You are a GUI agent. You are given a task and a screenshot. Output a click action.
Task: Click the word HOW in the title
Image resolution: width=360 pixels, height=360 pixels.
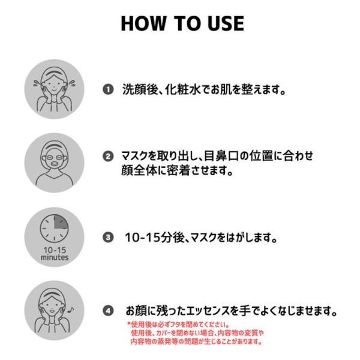(143, 23)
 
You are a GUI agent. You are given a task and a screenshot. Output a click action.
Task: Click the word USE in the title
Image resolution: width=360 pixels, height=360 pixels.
(226, 23)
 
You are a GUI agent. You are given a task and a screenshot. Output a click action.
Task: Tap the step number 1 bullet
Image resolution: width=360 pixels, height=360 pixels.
(108, 89)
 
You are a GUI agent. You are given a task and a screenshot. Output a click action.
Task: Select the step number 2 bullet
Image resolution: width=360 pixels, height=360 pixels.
(108, 157)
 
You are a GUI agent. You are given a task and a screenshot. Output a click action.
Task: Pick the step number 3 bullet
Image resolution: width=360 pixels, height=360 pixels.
(108, 237)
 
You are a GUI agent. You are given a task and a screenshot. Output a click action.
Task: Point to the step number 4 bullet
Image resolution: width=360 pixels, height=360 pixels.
(108, 311)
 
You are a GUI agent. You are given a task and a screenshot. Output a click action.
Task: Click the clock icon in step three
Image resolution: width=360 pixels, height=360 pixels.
(54, 229)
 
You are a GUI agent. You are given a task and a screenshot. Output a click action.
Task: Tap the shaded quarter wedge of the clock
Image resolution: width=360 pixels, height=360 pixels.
(61, 222)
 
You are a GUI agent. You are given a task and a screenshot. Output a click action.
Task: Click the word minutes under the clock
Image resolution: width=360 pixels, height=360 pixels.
(55, 257)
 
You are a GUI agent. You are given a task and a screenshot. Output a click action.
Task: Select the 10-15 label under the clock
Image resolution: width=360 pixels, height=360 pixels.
(55, 250)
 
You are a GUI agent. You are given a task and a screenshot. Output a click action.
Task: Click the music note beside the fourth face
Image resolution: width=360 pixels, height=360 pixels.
(71, 310)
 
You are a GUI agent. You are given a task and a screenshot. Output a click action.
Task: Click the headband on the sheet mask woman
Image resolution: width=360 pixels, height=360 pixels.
(54, 145)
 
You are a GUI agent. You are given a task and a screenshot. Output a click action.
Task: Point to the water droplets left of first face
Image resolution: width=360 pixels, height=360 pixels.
(36, 83)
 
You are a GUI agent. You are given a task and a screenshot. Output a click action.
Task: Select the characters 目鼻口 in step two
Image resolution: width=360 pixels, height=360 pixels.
(221, 156)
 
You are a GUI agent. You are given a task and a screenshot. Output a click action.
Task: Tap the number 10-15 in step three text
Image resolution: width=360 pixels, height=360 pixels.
(142, 238)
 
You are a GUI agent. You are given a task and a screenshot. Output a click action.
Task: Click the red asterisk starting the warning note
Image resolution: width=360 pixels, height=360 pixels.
(129, 324)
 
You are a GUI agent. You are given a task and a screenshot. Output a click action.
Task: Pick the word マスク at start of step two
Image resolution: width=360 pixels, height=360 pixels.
(134, 156)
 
